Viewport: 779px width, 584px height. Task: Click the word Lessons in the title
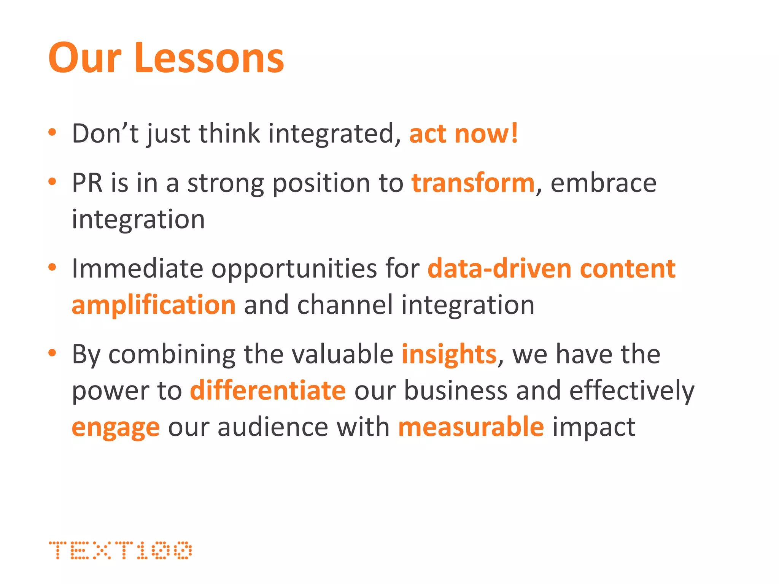[x=209, y=58]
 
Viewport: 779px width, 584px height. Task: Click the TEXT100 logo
[x=121, y=550]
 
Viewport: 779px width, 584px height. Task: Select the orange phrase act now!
[x=463, y=134]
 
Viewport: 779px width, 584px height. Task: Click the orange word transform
[x=473, y=183]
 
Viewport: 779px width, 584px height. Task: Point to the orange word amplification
[x=154, y=305]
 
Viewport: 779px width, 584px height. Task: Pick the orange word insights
[x=449, y=354]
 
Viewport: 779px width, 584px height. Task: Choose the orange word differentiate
[x=268, y=391]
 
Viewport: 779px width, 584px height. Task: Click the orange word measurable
[x=471, y=427]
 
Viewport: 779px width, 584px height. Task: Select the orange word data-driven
[x=499, y=269]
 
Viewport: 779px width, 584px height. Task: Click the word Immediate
[x=137, y=269]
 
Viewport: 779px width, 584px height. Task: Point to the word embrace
[x=603, y=183]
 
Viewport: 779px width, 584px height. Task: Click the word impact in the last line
[x=593, y=427]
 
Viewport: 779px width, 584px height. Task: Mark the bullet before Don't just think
[x=52, y=133]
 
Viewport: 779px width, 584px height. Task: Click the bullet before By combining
[x=52, y=353]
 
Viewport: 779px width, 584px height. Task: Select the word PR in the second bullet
[x=87, y=183]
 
